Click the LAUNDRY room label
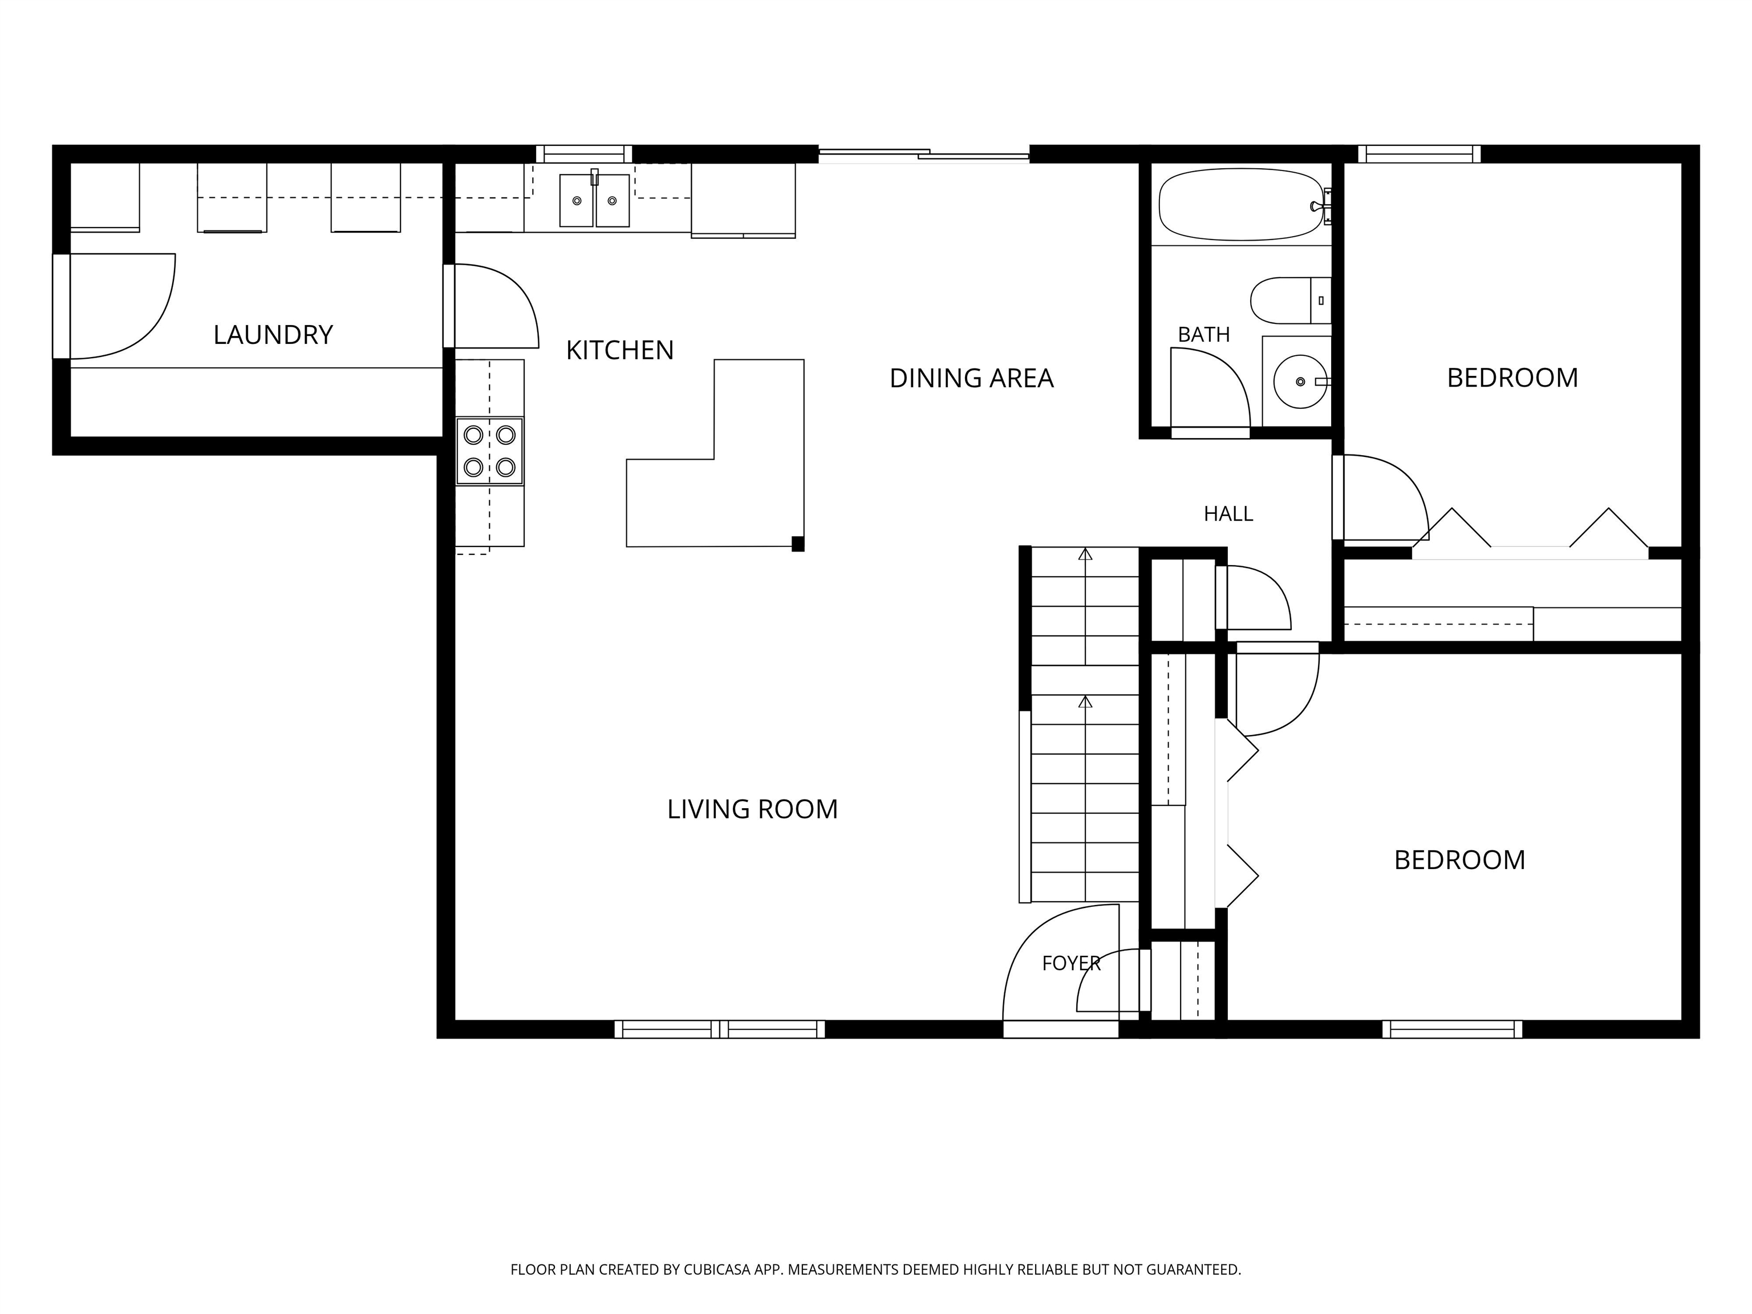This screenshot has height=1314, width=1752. pos(273,334)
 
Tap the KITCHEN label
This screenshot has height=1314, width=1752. pos(619,350)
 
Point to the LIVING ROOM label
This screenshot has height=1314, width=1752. pos(752,809)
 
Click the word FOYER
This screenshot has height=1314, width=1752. pos(1071,963)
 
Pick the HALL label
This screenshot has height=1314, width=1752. pos(1228,514)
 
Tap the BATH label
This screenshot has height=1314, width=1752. pos(1203,334)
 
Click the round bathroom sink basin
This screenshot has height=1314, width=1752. pos(1300,382)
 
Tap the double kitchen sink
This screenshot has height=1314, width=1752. pos(594,200)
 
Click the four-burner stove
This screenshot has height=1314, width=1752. pos(489,451)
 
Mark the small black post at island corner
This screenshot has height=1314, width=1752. pos(798,544)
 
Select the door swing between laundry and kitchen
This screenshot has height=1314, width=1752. pos(496,306)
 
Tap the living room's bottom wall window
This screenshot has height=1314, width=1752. pos(719,1029)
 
